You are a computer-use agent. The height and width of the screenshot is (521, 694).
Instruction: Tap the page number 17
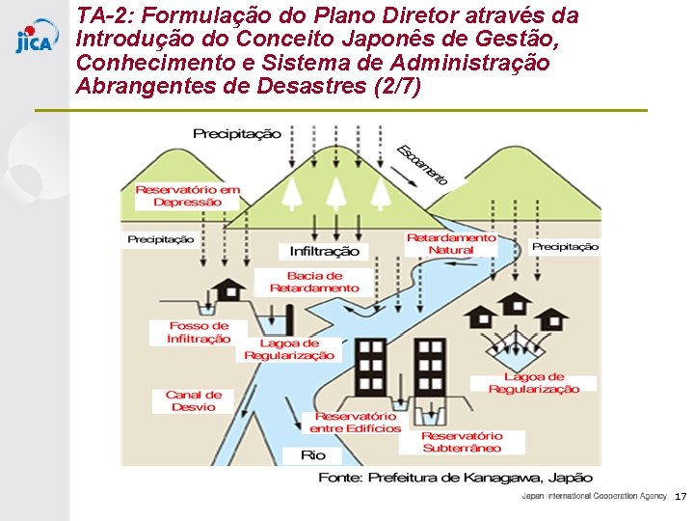[681, 496]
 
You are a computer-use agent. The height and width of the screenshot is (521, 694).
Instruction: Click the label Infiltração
[325, 251]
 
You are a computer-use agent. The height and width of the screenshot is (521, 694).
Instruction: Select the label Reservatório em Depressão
[188, 196]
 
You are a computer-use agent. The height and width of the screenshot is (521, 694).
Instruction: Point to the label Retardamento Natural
[451, 243]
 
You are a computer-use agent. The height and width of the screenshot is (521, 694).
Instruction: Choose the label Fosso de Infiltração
[199, 333]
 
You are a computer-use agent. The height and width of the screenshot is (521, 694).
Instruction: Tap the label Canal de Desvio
[194, 400]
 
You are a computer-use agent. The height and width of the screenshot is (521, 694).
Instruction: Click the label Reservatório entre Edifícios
[355, 423]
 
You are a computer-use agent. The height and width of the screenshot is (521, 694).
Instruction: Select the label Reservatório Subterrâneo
[462, 442]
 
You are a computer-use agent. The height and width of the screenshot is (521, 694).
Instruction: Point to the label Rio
[313, 455]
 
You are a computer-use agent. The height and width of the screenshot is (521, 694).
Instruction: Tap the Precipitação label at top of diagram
[237, 134]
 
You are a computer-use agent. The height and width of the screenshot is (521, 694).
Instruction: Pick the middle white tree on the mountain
[335, 193]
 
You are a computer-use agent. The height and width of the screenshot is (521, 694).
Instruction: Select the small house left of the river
[229, 288]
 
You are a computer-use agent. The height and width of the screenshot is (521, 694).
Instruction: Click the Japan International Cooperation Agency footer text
[594, 496]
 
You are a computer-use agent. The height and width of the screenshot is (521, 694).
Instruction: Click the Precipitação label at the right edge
[565, 246]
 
